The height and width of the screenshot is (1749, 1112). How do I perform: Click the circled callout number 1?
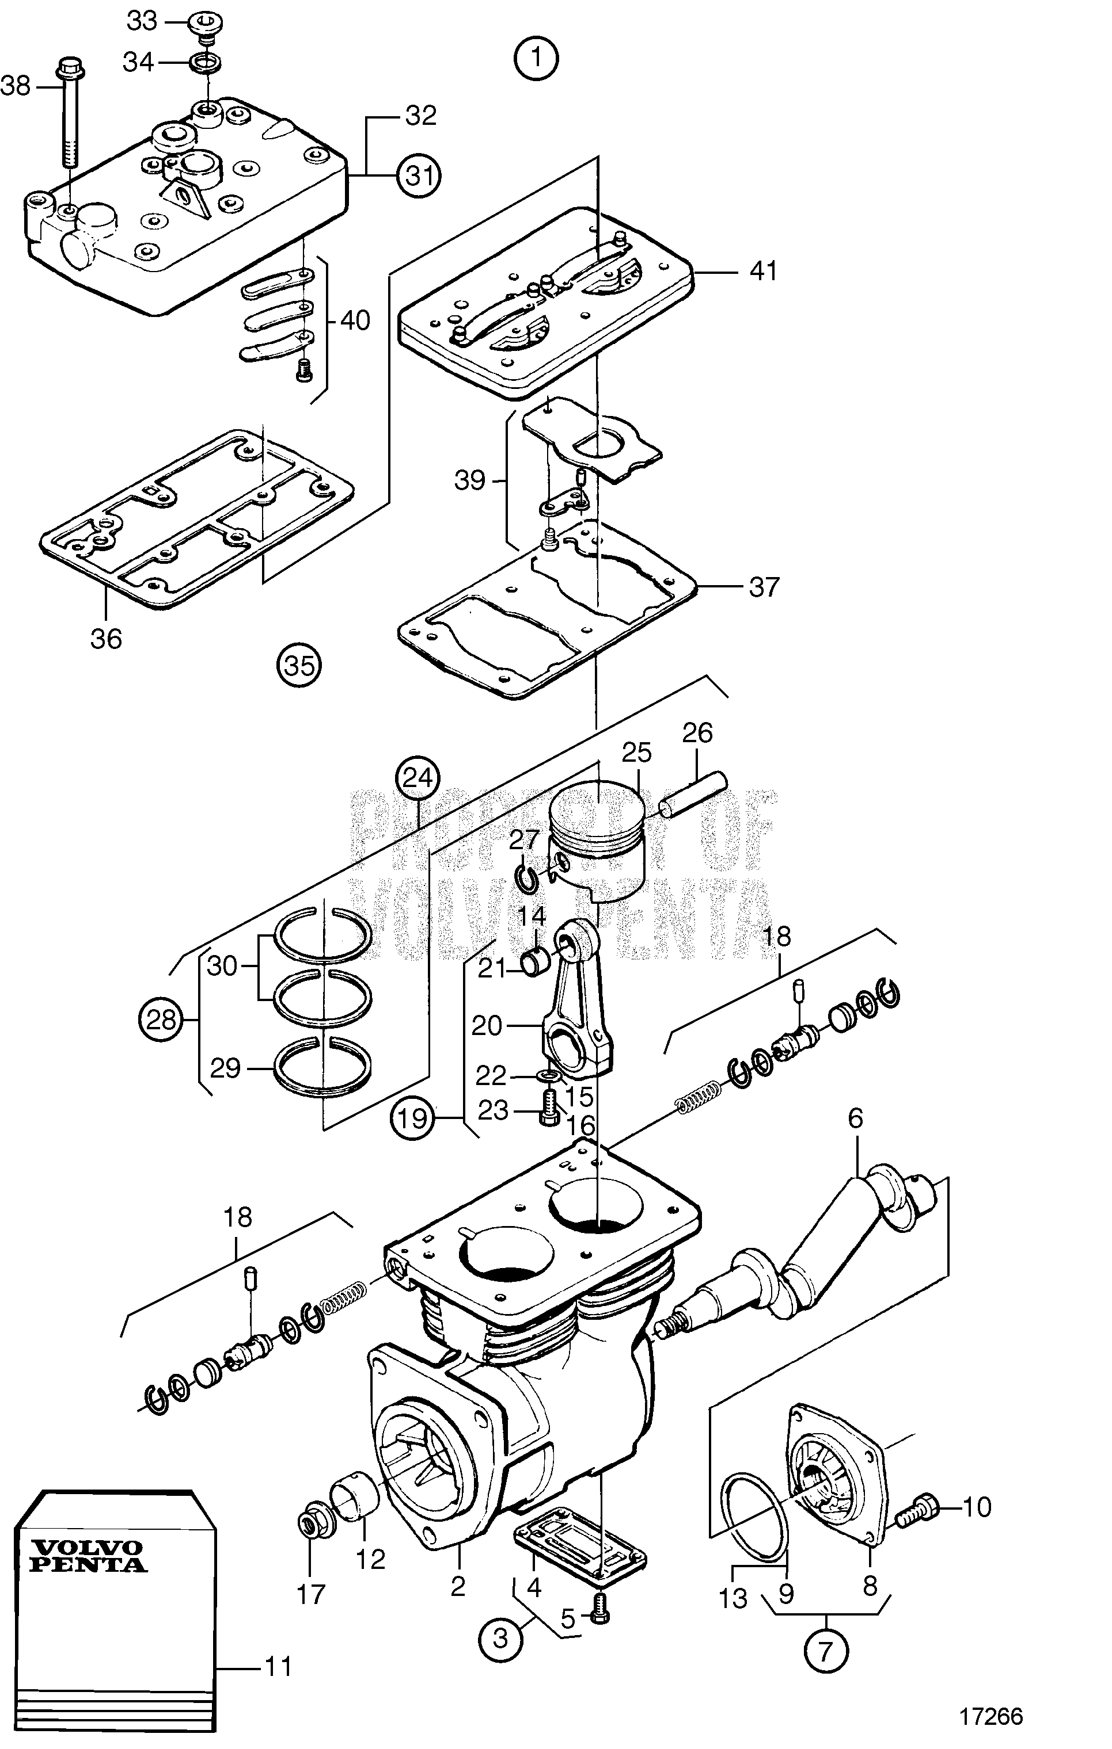536,58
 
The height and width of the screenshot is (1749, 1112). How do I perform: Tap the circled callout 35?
299,665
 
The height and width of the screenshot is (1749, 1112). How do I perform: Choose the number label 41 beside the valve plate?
763,271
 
